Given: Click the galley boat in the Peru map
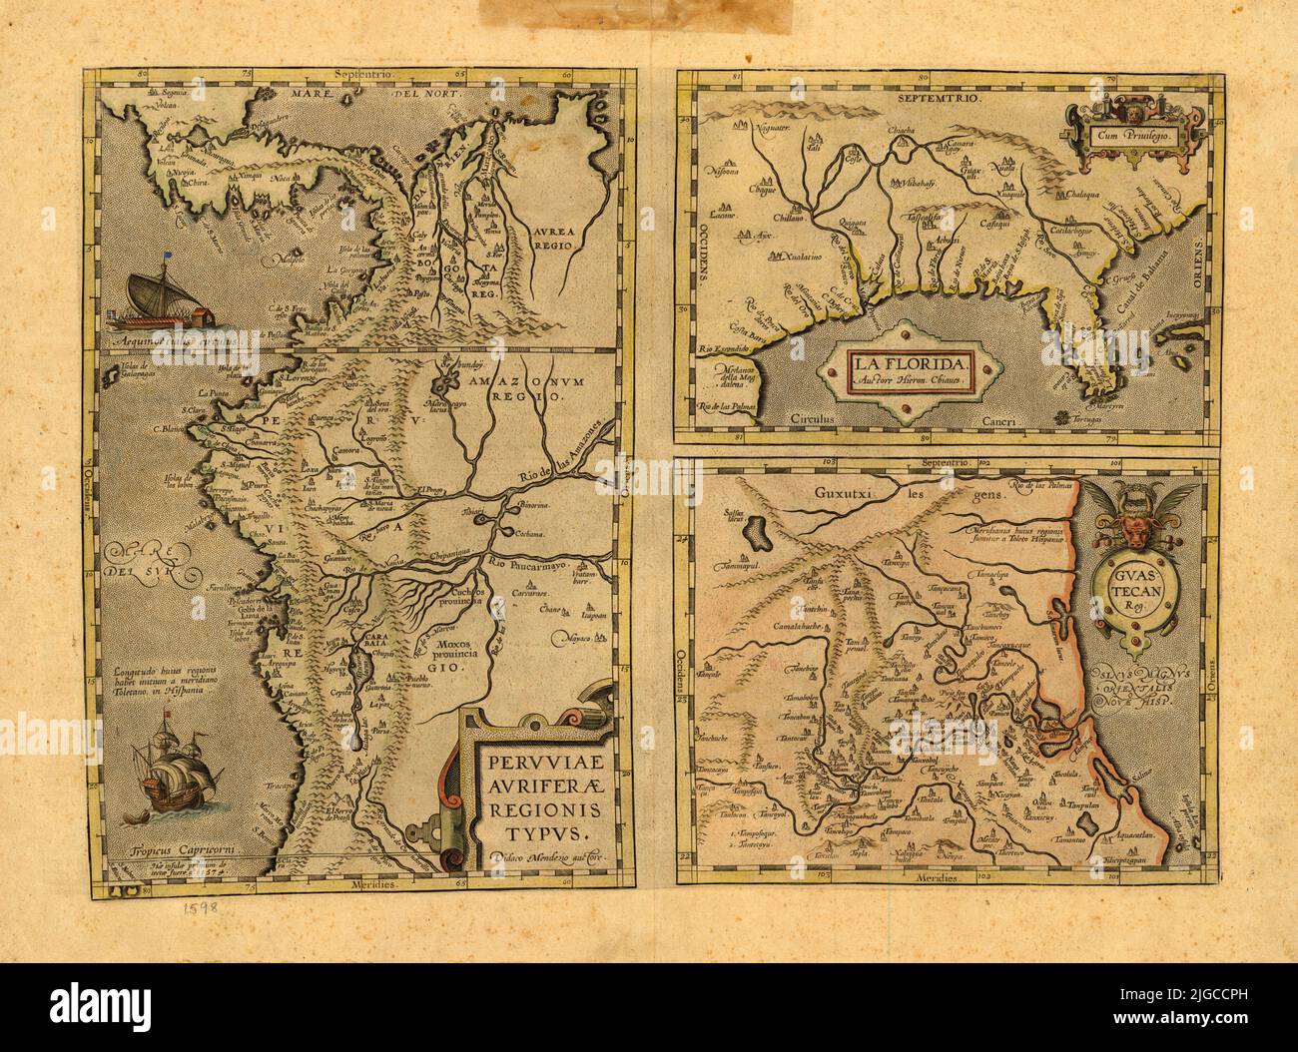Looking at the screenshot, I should [x=162, y=302].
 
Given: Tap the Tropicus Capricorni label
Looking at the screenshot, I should [x=166, y=852].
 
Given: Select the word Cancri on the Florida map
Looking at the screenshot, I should [x=998, y=422].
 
